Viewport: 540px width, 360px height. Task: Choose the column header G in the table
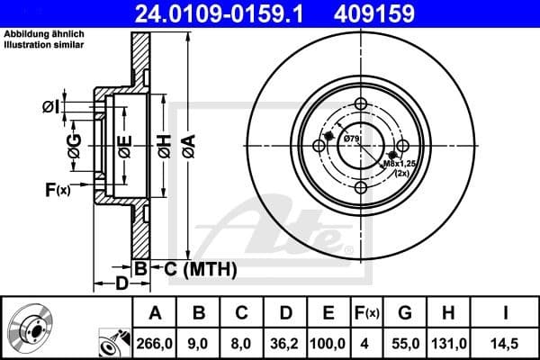click(405, 313)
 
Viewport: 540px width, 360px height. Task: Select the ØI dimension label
click(50, 107)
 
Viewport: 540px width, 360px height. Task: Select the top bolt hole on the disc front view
click(360, 104)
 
